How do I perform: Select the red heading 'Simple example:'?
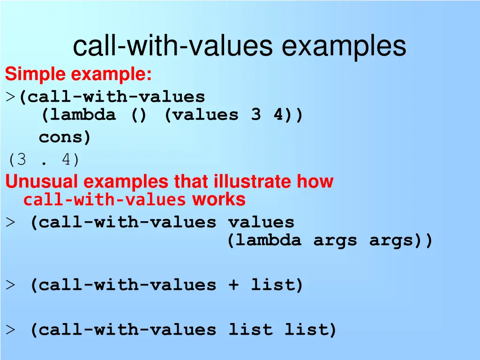click(78, 74)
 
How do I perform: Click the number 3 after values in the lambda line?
click(255, 115)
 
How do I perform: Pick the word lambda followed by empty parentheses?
click(78, 115)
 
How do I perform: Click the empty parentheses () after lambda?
click(139, 115)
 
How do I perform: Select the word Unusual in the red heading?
click(42, 181)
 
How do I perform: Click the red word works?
click(218, 200)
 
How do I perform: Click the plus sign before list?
click(233, 285)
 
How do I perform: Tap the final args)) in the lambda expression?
click(401, 241)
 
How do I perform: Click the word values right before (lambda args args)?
click(261, 222)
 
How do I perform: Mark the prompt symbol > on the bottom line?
click(10, 330)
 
